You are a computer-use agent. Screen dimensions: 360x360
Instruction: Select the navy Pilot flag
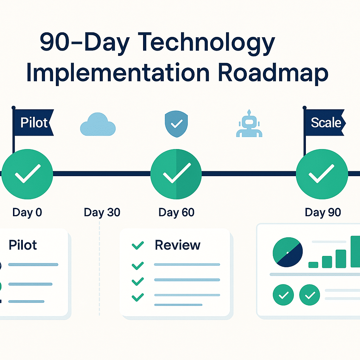33,122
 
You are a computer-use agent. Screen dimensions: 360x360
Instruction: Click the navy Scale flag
324,122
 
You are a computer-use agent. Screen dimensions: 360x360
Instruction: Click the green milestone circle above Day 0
27,173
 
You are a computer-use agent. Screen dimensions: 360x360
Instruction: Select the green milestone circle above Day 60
176,173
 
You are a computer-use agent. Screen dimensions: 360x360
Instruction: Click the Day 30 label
102,212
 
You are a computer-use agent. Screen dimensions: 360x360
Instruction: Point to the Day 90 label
323,212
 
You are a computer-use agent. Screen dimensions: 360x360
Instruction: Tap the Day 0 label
27,212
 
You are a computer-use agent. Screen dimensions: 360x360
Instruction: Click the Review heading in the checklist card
178,245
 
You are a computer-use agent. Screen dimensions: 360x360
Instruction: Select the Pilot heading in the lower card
23,245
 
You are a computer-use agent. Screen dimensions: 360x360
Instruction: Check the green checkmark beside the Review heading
137,245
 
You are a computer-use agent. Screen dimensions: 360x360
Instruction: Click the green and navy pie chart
288,252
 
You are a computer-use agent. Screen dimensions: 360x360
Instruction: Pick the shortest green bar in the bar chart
313,265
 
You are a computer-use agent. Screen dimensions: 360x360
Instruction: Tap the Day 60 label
176,212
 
